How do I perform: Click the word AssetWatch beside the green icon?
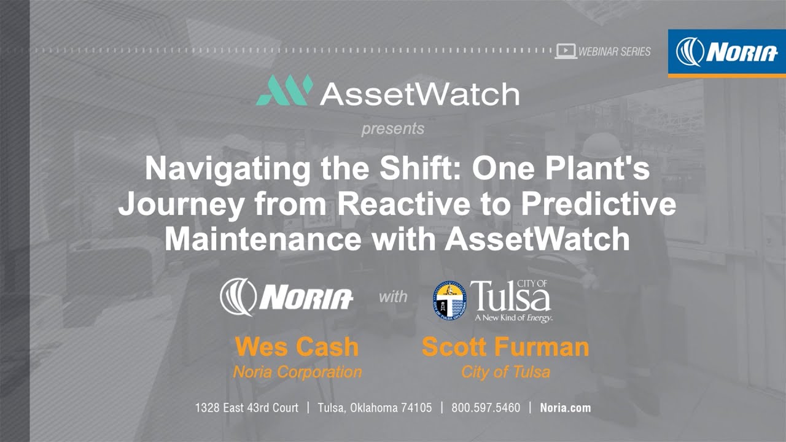pos(419,94)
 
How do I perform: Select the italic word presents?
pos(392,129)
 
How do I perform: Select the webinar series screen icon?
pos(566,51)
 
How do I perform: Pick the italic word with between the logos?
pos(393,297)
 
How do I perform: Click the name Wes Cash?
pos(297,347)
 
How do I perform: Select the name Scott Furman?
pos(505,347)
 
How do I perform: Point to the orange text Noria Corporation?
pos(297,372)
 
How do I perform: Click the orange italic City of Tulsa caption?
pos(505,372)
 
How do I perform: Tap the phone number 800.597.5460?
pos(486,408)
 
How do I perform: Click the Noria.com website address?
pos(565,408)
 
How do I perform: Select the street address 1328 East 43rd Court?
pos(247,408)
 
